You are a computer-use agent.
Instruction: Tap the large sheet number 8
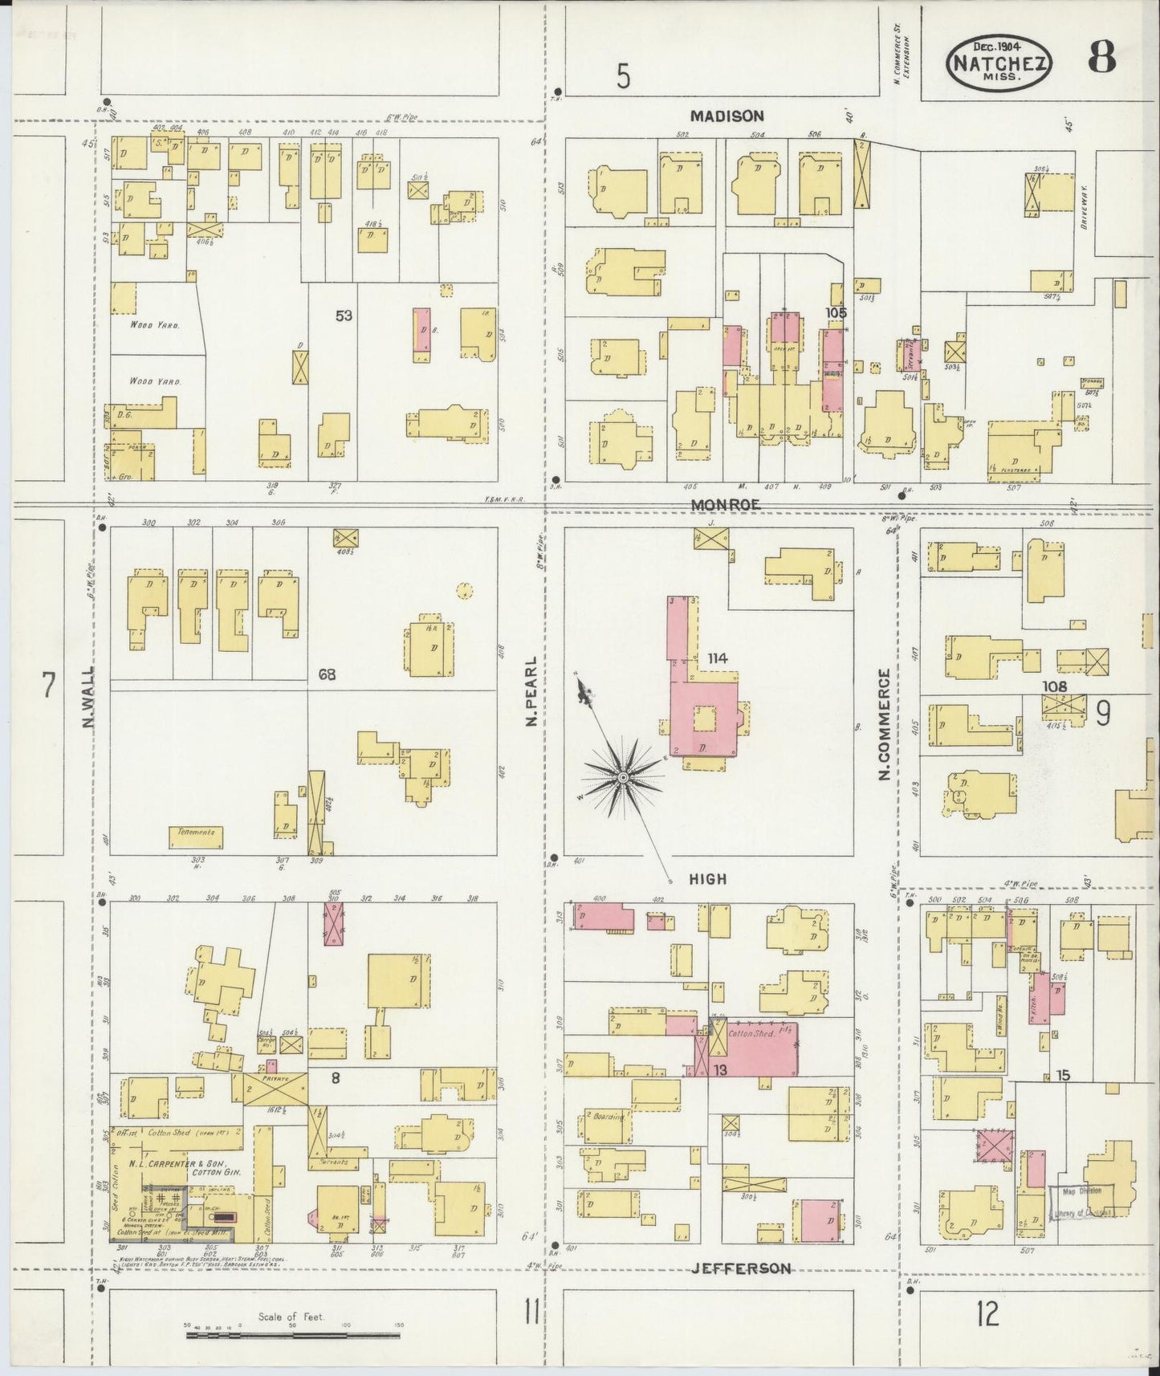1102,58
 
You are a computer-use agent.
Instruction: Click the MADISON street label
727,116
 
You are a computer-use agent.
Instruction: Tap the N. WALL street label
88,698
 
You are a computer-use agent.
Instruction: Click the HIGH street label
708,879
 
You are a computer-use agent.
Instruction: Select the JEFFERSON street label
742,1269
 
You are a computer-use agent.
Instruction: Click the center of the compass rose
623,778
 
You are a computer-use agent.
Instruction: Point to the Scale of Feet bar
293,1336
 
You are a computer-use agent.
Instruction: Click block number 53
344,316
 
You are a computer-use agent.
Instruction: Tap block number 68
327,674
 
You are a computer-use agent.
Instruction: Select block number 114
717,658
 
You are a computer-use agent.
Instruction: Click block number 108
1055,686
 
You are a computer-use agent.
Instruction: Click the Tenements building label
196,833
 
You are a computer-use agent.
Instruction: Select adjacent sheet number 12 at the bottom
987,1315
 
